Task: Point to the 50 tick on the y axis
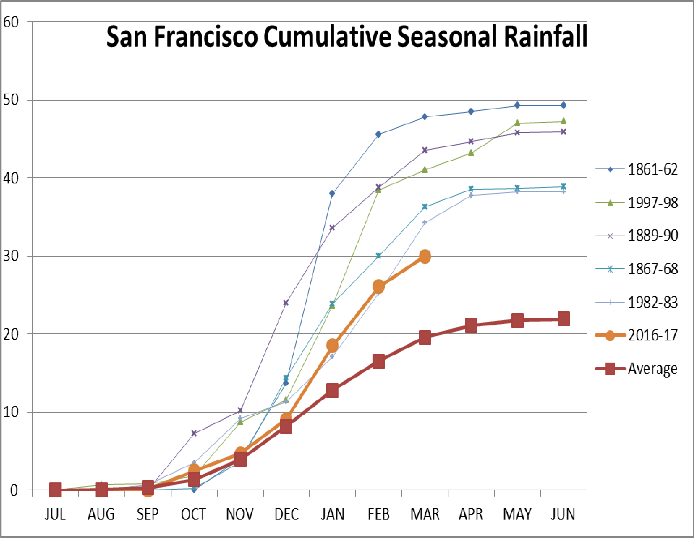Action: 11,100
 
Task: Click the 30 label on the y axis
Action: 11,256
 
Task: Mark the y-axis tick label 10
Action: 11,412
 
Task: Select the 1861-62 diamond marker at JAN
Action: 332,193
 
